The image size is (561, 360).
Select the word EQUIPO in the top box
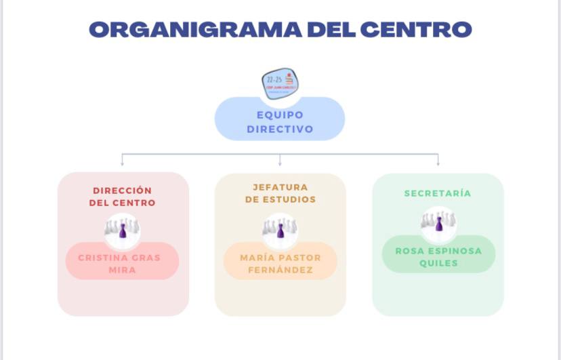click(280, 115)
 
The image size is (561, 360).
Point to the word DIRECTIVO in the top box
click(280, 129)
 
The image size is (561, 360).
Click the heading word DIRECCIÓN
click(123, 191)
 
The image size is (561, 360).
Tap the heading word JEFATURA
click(280, 187)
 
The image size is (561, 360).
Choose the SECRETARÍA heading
click(438, 193)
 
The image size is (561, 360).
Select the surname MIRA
click(123, 270)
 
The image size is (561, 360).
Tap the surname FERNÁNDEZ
click(280, 270)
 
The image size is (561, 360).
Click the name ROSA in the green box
click(411, 251)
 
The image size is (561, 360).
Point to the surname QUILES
click(438, 263)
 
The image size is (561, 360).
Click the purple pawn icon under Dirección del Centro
click(123, 231)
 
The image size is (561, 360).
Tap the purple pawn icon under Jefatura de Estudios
click(280, 231)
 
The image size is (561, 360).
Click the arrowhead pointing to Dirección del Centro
click(122, 163)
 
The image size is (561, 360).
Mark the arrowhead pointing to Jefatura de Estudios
click(280, 163)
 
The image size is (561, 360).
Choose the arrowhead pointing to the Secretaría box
click(438, 163)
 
